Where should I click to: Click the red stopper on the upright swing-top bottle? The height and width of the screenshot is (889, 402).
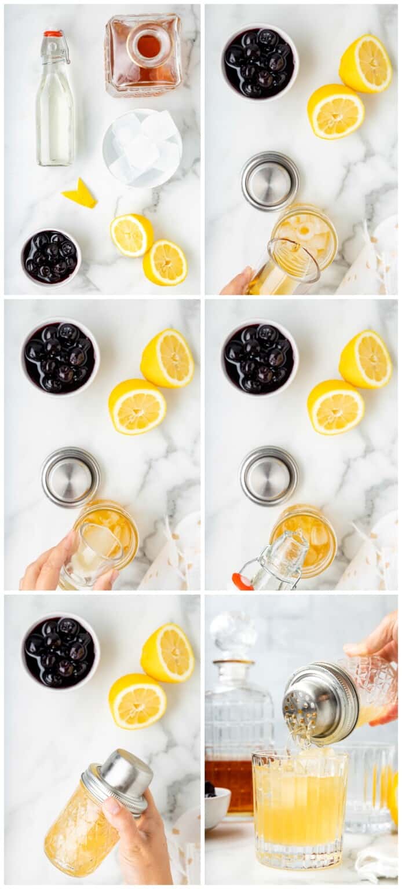[x=53, y=34]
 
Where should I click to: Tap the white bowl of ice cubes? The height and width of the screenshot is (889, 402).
[x=142, y=148]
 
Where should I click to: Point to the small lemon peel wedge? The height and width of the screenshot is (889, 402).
[x=80, y=194]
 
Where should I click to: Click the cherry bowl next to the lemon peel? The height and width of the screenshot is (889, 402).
[x=51, y=257]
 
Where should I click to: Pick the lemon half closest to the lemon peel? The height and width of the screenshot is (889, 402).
[x=131, y=235]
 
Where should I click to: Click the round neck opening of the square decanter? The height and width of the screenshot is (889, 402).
[x=149, y=46]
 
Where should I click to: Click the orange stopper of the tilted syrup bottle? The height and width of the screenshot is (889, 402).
[x=241, y=582]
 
